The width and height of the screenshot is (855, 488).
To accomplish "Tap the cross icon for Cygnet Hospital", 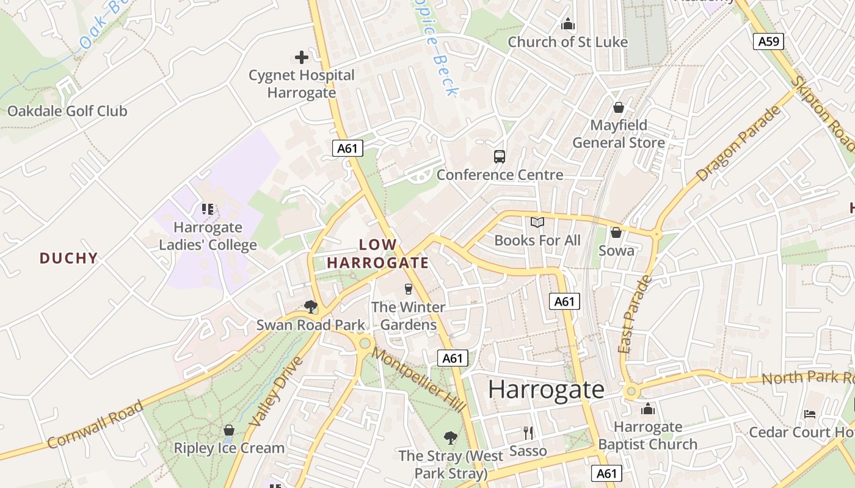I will coord(302,57).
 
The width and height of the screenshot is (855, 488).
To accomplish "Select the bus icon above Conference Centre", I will coord(500,157).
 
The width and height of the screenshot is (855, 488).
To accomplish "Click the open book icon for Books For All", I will coord(537,223).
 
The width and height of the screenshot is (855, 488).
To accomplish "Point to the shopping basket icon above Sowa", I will coord(616,232).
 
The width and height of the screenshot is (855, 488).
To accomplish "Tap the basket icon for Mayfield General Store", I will coord(619,107).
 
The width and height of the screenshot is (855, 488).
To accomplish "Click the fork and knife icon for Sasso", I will coord(528,433).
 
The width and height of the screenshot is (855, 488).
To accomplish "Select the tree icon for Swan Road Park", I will coord(311,306).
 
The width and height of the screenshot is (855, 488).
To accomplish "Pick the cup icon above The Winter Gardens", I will coord(409,289).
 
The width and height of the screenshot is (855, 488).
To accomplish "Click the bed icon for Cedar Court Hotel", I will coord(810,414).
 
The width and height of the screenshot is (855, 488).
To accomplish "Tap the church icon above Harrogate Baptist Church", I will coord(647,409).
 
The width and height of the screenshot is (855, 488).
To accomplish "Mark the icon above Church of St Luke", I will coord(568,24).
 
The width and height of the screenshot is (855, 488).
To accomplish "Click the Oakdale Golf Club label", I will coord(67,111).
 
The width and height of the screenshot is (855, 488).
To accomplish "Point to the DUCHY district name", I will coord(69,258).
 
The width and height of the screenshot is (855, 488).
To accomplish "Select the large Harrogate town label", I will coord(546,390).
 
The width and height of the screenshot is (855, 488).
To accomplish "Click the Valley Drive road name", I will coord(277,392).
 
